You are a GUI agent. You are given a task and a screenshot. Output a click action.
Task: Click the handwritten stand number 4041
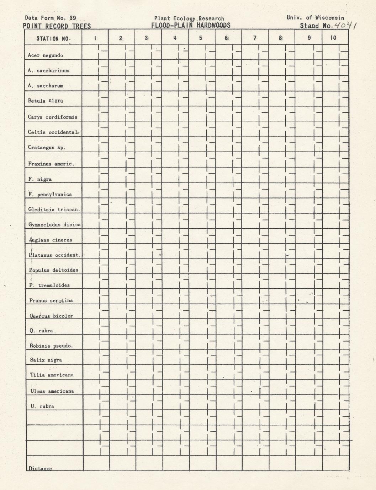click(346, 24)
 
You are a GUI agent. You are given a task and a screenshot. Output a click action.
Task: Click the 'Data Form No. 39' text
click(51, 18)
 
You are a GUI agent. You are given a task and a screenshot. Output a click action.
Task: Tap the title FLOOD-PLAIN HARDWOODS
click(191, 25)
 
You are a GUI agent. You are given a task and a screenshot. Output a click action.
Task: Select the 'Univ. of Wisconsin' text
click(315, 18)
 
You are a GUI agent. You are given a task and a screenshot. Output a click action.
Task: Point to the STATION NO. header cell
click(53, 38)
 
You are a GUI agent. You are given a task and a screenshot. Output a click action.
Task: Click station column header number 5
click(201, 38)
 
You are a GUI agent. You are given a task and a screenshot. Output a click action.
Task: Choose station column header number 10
click(333, 38)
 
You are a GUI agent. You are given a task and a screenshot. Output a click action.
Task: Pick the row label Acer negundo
click(46, 55)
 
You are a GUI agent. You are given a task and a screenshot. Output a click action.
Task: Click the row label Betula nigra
click(46, 101)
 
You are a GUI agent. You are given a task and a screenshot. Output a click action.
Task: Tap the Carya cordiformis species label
click(53, 117)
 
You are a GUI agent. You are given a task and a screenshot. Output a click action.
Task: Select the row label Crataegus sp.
click(47, 147)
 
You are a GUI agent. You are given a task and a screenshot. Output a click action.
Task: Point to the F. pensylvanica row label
click(50, 195)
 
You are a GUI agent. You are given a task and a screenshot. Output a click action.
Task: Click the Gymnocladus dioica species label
click(55, 225)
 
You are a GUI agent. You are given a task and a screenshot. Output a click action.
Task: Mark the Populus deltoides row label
click(54, 270)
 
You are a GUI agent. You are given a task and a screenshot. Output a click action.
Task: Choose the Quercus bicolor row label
click(51, 316)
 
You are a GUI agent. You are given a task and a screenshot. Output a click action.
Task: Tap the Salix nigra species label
click(46, 360)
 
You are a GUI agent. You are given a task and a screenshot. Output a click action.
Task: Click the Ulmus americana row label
click(52, 391)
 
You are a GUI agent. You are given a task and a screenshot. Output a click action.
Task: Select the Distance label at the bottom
click(40, 469)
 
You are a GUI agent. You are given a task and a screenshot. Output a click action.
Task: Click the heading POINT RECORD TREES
click(57, 26)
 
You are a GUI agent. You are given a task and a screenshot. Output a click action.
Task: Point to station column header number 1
click(95, 38)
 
